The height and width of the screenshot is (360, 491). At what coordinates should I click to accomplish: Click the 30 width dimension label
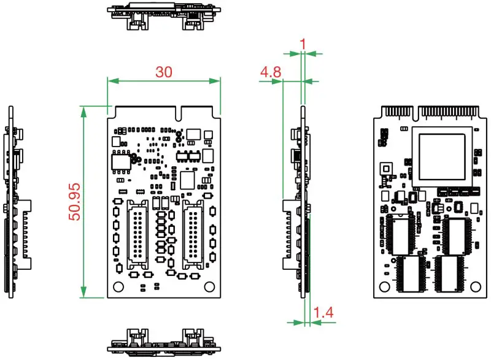pos(163,72)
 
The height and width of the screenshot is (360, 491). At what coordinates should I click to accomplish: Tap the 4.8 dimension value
pos(271,72)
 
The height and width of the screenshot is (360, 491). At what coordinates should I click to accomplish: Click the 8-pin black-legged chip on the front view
pos(120,161)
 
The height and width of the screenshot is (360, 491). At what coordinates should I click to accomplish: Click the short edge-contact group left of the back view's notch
pos(399,112)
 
